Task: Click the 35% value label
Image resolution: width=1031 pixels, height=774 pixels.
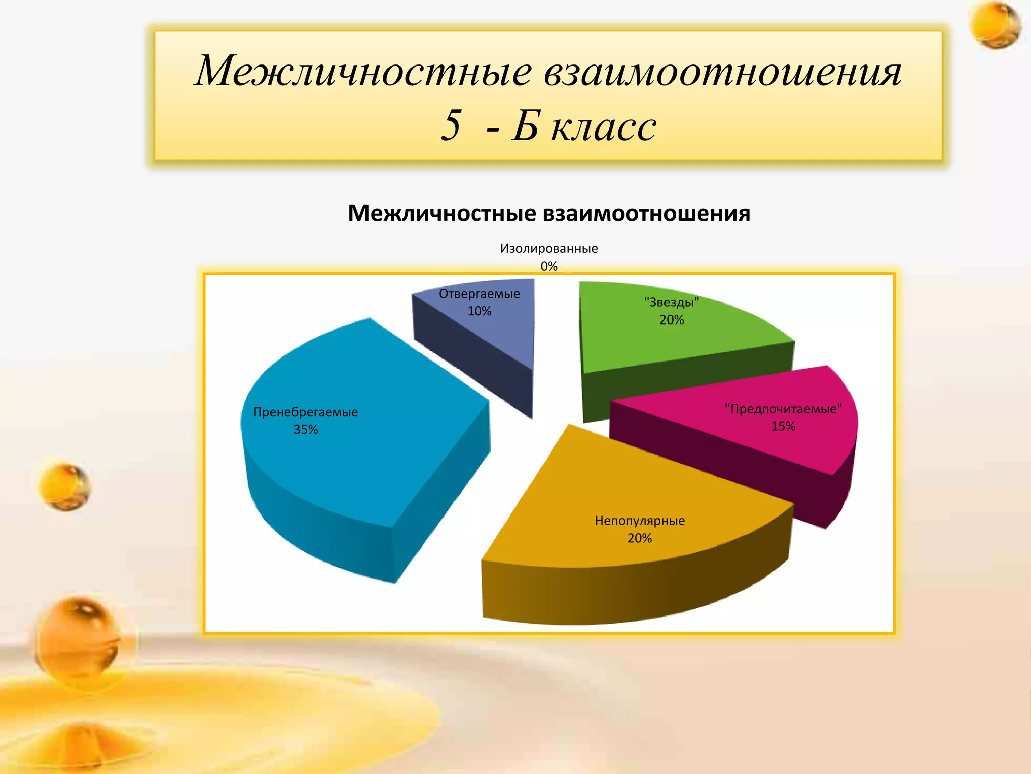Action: (306, 430)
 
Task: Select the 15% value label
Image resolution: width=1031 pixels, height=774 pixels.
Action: (783, 426)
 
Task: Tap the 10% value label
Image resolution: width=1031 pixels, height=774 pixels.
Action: (479, 311)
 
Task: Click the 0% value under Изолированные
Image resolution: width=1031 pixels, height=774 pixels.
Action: (549, 266)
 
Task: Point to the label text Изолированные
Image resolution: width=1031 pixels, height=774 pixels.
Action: (549, 248)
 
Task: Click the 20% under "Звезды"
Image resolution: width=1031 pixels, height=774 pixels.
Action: (672, 320)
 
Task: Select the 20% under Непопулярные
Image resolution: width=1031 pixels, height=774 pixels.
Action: (639, 538)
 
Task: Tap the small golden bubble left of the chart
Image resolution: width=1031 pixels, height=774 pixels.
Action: (65, 487)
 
